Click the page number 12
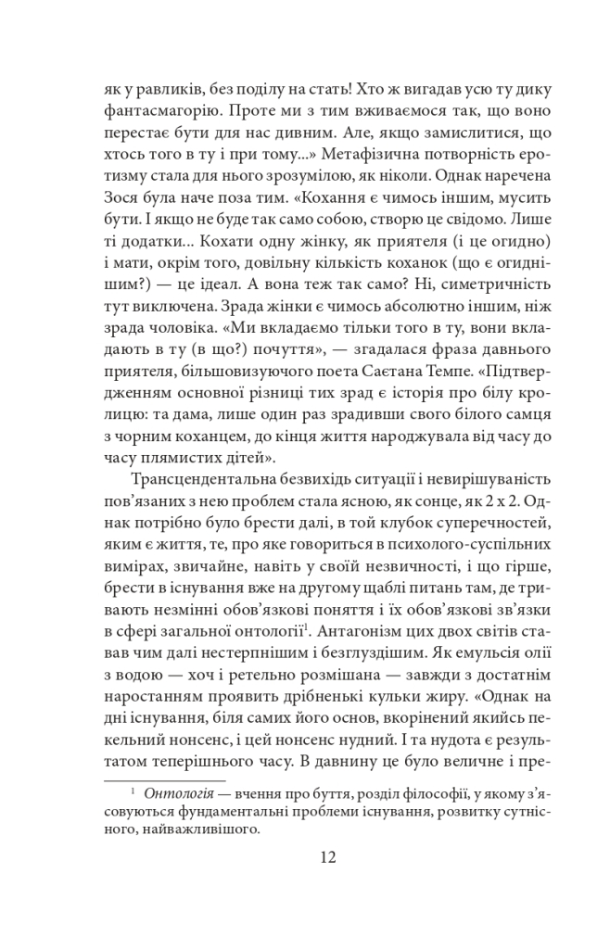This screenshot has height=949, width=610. click(305, 857)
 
